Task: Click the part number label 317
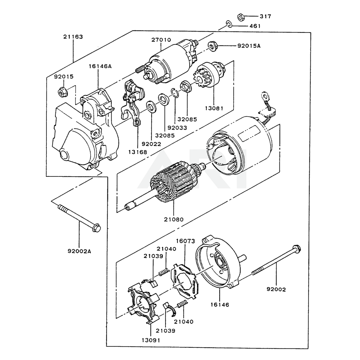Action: [x=266, y=17]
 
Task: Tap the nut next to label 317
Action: [x=241, y=17]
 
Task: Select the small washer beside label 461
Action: [x=228, y=24]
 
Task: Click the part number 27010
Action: [x=161, y=40]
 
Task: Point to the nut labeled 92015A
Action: [x=212, y=46]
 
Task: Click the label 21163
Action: [x=73, y=37]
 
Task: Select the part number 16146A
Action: [x=100, y=66]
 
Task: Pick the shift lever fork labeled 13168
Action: [x=133, y=104]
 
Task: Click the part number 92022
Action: [x=151, y=144]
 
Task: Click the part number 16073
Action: [x=185, y=241]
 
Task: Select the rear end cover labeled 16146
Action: [x=220, y=266]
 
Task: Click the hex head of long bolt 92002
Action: [x=296, y=248]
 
